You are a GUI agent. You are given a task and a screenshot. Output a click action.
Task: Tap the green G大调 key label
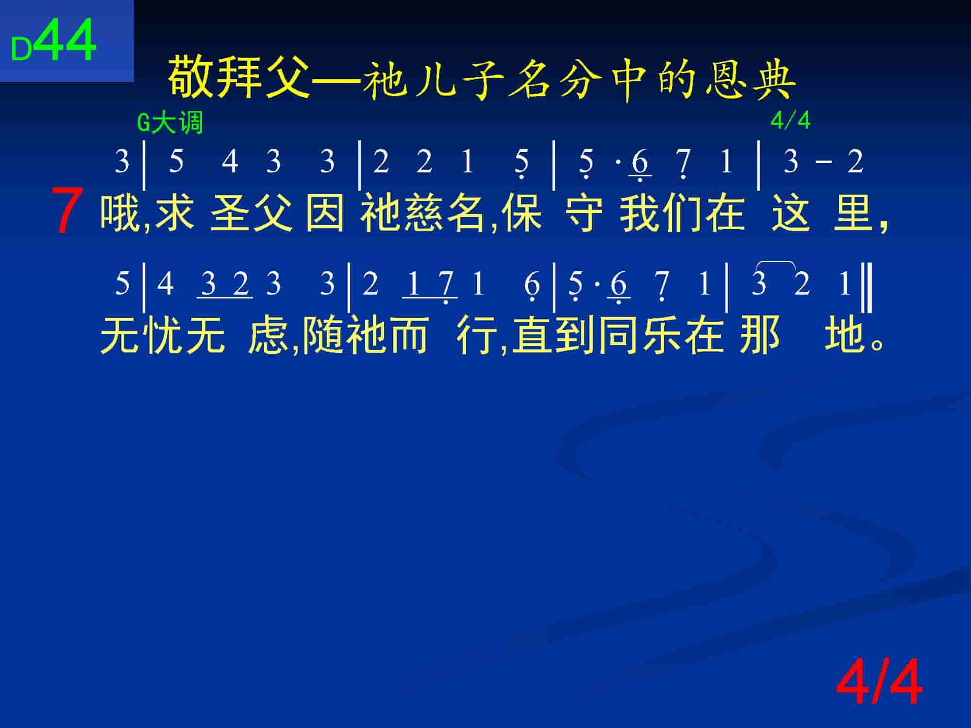(170, 123)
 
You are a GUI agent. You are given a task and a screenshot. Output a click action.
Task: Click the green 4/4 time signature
(790, 120)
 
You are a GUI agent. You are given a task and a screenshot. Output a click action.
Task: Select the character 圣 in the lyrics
(230, 212)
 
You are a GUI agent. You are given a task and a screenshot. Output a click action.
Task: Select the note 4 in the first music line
(230, 161)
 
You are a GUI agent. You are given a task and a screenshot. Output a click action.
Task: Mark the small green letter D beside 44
(22, 50)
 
